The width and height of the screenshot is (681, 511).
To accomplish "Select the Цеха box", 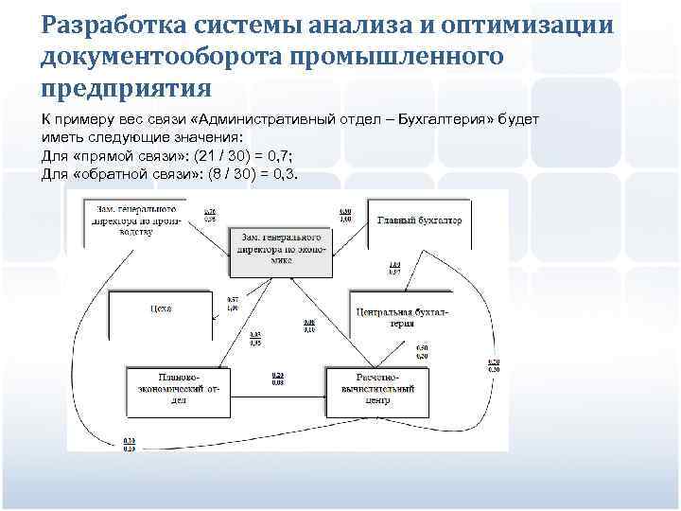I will (x=161, y=308).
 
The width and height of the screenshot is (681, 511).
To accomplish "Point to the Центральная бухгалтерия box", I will (x=403, y=317).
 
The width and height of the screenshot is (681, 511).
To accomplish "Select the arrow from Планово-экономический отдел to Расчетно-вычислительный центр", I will (x=279, y=389).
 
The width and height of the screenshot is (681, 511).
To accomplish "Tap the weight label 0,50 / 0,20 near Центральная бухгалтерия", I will (x=422, y=352).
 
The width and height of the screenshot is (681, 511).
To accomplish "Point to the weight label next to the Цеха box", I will (x=233, y=305).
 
